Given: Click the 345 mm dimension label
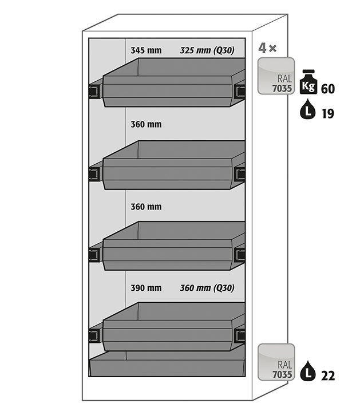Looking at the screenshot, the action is [x=146, y=50].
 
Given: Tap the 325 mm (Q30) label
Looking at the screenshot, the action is [x=207, y=50].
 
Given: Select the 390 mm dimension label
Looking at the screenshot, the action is [x=146, y=288].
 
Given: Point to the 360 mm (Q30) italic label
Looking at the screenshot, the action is [x=207, y=288].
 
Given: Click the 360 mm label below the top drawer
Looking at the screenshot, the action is [x=146, y=124].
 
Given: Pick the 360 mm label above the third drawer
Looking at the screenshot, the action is [x=146, y=207].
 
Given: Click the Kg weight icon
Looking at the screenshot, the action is [x=308, y=82].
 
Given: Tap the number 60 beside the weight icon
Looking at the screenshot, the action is [x=328, y=89].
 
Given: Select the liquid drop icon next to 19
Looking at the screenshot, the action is [x=307, y=109].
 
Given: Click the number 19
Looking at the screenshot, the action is [x=328, y=114].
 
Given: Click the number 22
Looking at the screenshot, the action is [x=328, y=376].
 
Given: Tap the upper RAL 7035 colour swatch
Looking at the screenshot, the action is [x=276, y=76].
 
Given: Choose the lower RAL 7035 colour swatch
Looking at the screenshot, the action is [x=276, y=362].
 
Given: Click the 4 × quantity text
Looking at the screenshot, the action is [x=267, y=48].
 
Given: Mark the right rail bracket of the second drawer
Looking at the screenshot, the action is [x=240, y=174].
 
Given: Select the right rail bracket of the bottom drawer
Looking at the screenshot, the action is [x=240, y=335].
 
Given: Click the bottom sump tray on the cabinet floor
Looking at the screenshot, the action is [x=167, y=364].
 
